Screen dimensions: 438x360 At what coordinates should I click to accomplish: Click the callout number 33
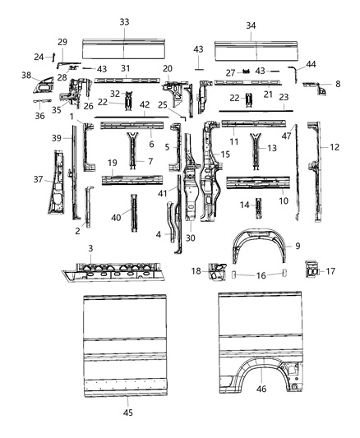tap(124, 21)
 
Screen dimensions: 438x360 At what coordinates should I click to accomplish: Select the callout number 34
tap(251, 25)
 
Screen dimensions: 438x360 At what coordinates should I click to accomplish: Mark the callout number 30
tap(191, 238)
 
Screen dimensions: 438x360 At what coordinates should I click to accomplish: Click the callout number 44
tap(311, 64)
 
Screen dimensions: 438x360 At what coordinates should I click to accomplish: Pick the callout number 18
tap(196, 271)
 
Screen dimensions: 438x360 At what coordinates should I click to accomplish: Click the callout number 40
tap(118, 218)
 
